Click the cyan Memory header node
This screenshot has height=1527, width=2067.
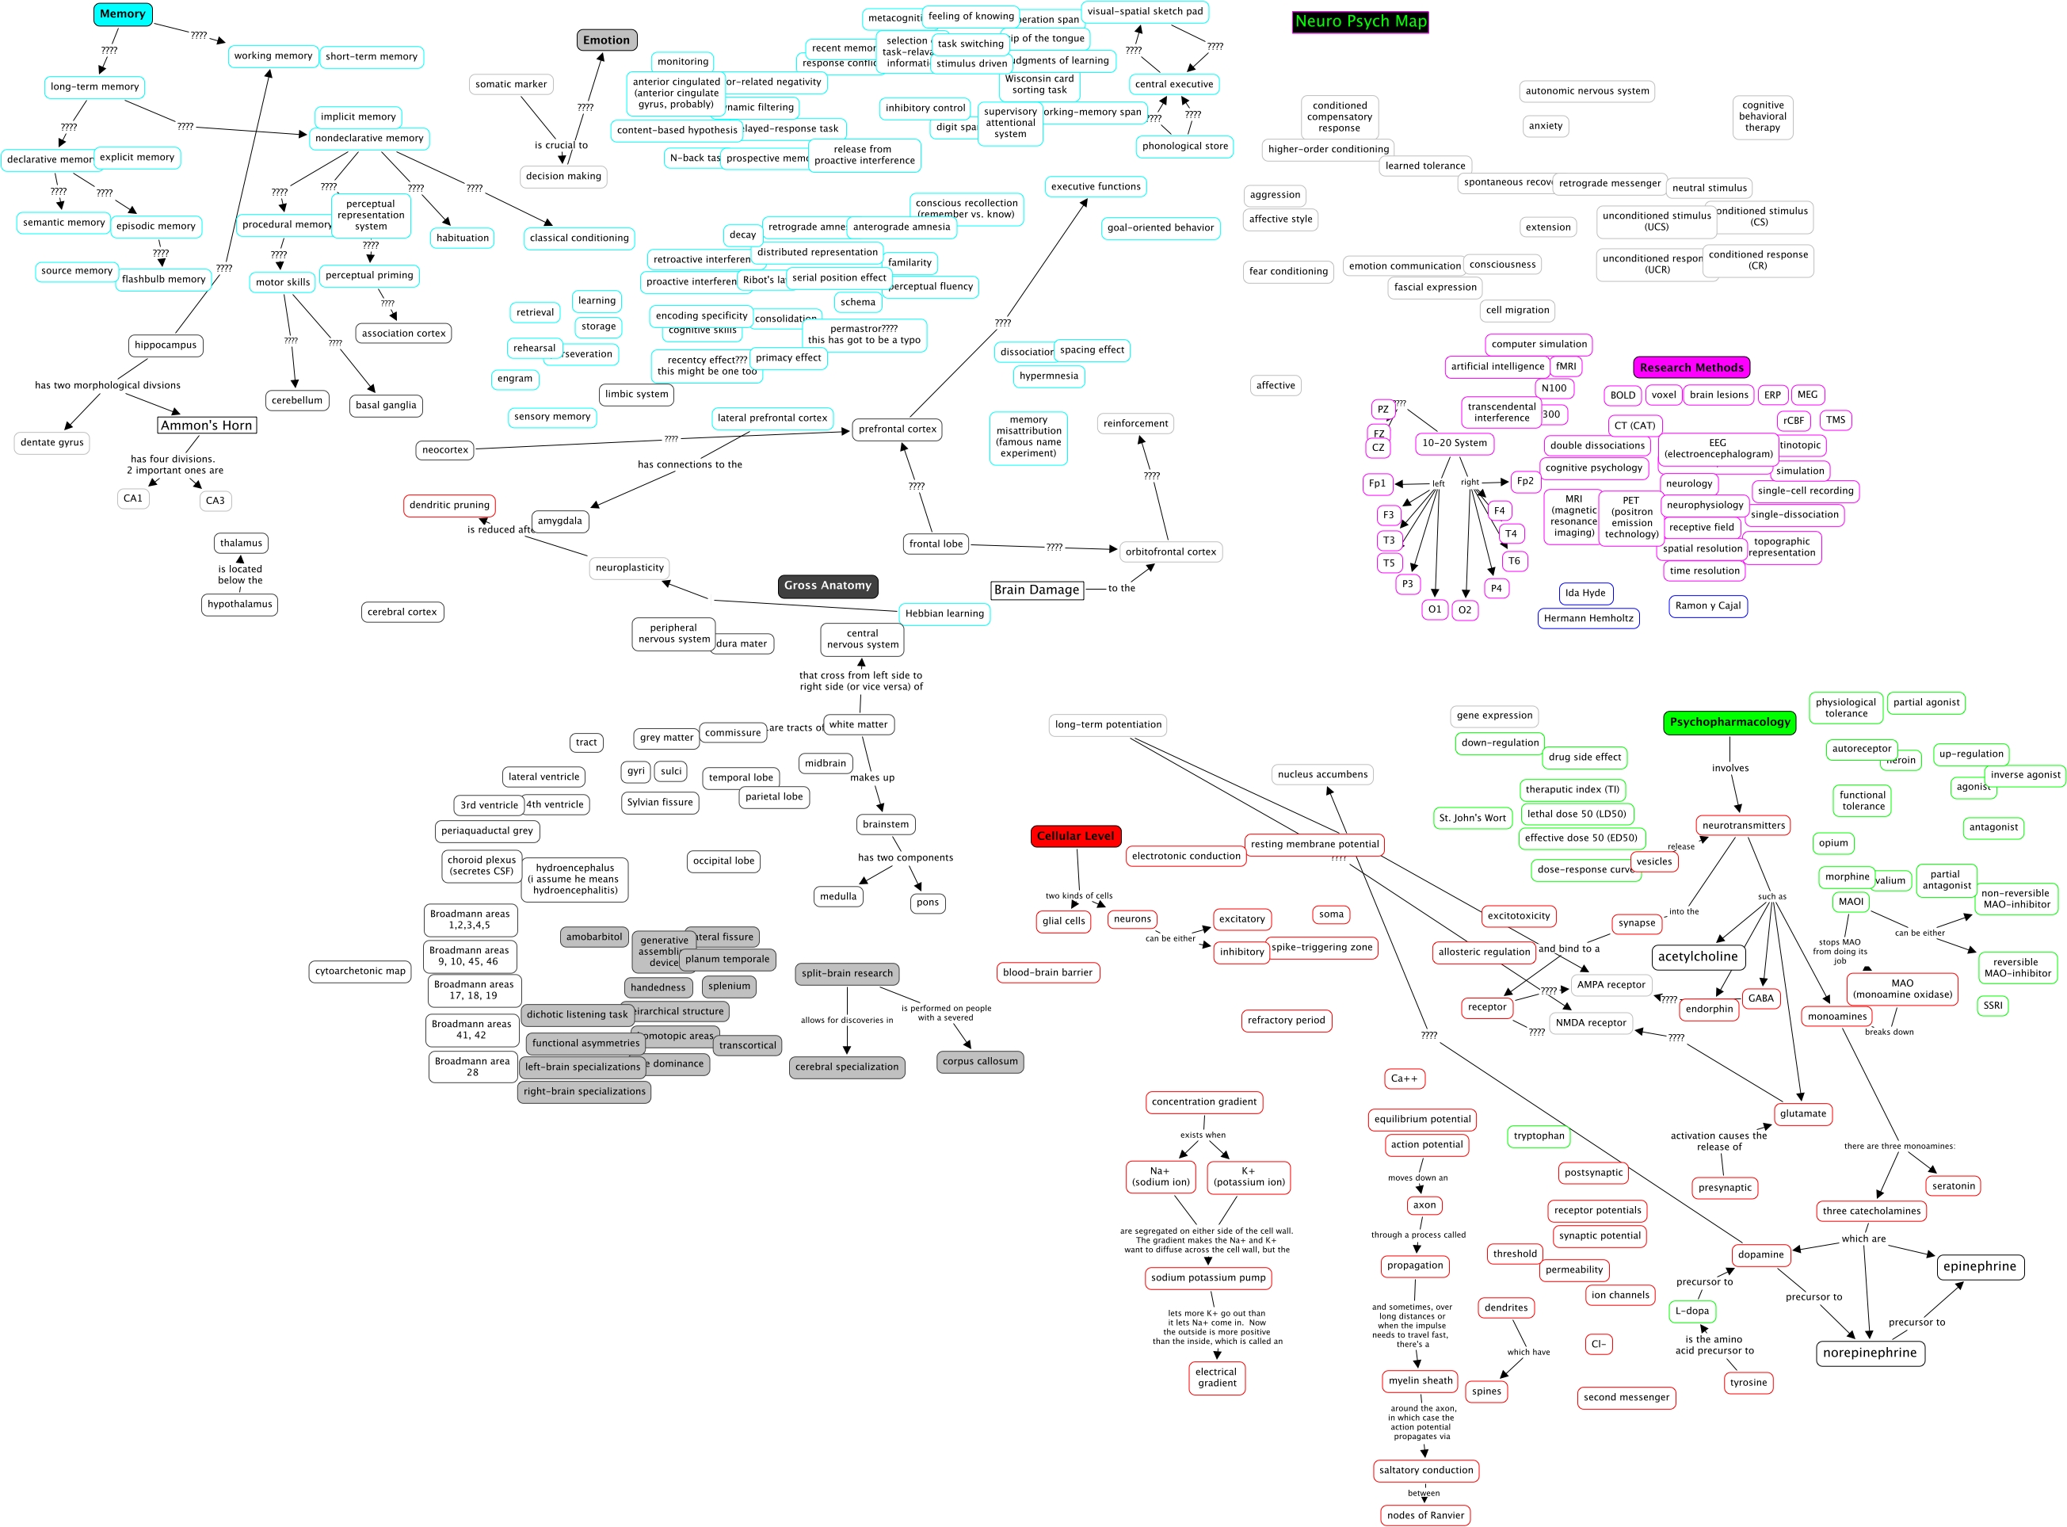click(x=122, y=13)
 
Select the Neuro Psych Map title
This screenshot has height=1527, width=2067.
click(x=1360, y=21)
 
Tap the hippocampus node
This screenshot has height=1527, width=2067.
click(x=166, y=345)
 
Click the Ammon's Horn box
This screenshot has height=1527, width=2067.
click(x=206, y=426)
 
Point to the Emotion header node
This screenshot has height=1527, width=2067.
click(x=606, y=40)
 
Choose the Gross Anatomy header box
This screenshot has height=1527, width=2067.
click(x=827, y=585)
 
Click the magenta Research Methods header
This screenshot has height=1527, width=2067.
click(x=1691, y=367)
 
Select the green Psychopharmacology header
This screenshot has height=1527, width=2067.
click(x=1729, y=722)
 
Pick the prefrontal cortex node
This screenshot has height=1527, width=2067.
click(x=896, y=429)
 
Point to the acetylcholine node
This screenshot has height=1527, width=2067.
click(x=1697, y=956)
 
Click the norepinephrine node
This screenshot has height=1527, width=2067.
click(x=1869, y=1353)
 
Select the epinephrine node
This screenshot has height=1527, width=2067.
click(x=1979, y=1266)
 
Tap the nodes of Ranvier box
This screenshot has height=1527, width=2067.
click(x=1424, y=1515)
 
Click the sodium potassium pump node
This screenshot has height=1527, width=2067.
click(x=1207, y=1277)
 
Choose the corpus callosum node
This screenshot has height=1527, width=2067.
click(x=979, y=1061)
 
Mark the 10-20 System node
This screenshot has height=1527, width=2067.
click(x=1455, y=443)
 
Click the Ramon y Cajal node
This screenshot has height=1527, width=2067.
click(x=1707, y=605)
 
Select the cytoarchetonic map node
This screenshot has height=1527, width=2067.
click(x=360, y=971)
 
